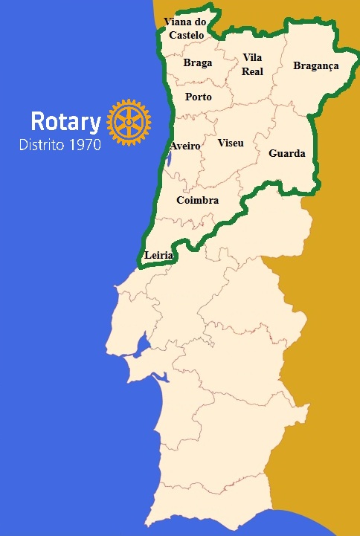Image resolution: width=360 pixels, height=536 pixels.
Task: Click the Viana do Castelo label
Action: (186, 28)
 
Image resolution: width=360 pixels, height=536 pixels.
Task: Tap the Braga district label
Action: (198, 63)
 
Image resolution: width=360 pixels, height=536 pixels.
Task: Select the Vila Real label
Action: (253, 65)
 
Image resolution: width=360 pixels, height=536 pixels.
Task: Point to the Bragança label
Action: (316, 66)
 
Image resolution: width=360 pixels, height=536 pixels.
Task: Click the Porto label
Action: (199, 97)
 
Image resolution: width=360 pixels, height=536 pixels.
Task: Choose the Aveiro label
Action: (185, 146)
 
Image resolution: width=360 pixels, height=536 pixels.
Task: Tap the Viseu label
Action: (231, 142)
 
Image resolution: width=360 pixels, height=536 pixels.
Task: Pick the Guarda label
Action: (286, 154)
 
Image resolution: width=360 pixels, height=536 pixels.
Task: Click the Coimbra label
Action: (197, 201)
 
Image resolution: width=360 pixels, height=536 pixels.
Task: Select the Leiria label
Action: (159, 255)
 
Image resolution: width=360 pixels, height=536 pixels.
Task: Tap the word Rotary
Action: (65, 122)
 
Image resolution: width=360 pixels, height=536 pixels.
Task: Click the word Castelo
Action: (186, 34)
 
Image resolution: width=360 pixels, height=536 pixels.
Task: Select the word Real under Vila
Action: (253, 71)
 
